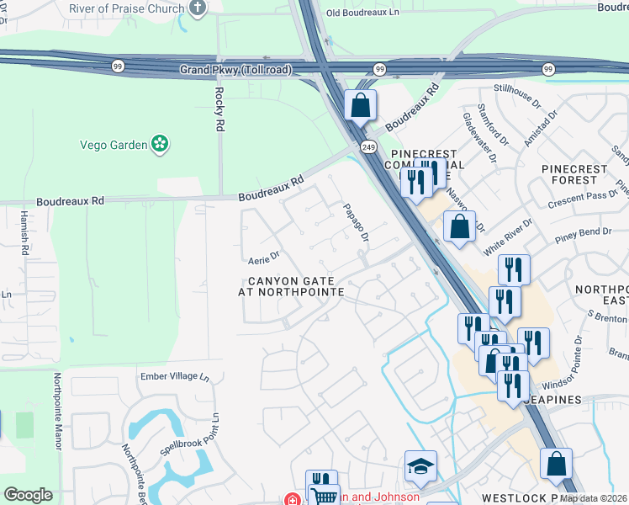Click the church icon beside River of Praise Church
(x=198, y=8)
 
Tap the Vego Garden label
(x=113, y=145)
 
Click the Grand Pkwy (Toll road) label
(x=234, y=70)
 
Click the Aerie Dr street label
(x=262, y=253)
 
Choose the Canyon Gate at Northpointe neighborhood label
(x=295, y=286)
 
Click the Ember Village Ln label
(x=173, y=376)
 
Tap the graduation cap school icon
(x=420, y=466)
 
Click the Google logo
(x=28, y=495)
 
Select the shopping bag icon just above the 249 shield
(x=360, y=107)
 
